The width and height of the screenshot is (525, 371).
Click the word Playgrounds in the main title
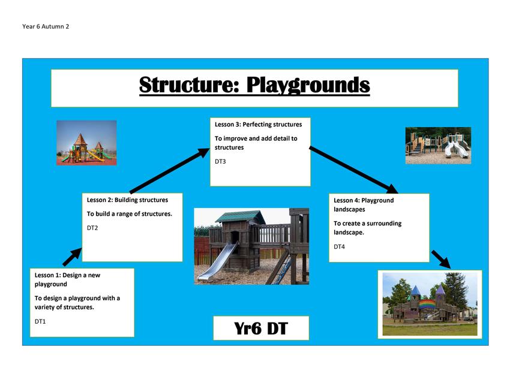click(308, 85)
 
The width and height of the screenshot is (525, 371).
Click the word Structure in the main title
click(189, 85)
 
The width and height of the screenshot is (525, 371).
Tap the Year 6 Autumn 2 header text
click(46, 26)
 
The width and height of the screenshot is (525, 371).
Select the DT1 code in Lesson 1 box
click(40, 321)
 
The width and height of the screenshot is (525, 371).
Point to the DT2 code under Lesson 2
click(92, 228)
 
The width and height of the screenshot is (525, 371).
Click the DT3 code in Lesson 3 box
click(220, 162)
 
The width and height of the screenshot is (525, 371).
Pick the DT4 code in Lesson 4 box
click(339, 247)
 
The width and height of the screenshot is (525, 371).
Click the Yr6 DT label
click(261, 328)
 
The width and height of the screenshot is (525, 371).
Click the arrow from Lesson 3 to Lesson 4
click(353, 170)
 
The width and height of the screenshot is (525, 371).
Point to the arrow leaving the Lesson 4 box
click(441, 260)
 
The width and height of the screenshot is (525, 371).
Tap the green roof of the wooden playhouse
click(239, 216)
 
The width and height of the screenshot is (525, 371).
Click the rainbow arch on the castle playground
click(427, 304)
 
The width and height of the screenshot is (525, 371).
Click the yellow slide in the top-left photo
click(96, 156)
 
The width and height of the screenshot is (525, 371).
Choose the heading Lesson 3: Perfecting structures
click(258, 125)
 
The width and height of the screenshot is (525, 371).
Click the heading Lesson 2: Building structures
click(127, 200)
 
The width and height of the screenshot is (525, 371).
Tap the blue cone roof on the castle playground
click(416, 291)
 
